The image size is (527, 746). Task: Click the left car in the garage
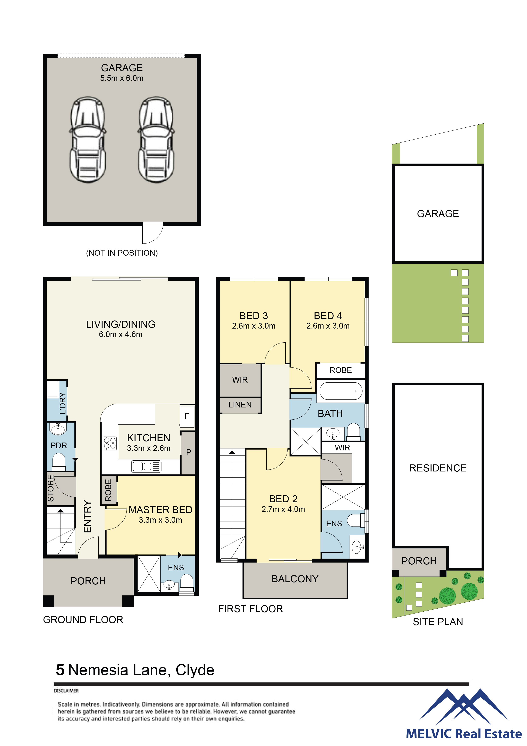(88, 140)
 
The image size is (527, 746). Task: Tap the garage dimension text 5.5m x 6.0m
(122, 78)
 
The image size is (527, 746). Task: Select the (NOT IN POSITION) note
(122, 253)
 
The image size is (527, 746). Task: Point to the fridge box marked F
(187, 416)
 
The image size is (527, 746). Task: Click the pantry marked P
(188, 453)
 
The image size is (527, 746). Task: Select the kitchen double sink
(146, 467)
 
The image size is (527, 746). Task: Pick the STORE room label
(51, 488)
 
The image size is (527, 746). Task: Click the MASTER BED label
(160, 510)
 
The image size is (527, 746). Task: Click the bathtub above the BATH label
(341, 391)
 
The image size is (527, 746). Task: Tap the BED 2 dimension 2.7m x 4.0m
(283, 509)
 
